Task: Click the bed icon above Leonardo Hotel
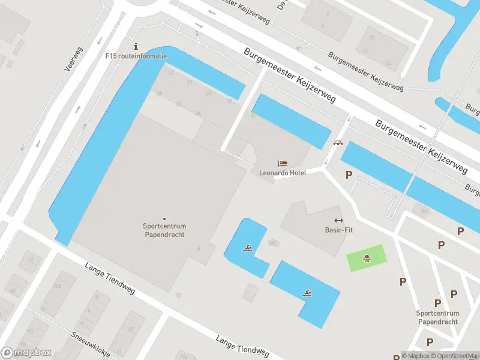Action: click(283, 163)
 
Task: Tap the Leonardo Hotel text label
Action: click(283, 173)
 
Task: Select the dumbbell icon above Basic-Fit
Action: click(338, 220)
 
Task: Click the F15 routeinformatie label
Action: click(136, 56)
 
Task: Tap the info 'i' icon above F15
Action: click(136, 46)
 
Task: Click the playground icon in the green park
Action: click(365, 259)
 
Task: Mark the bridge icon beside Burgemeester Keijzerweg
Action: click(338, 143)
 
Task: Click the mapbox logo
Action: click(26, 353)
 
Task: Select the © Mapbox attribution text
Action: click(415, 356)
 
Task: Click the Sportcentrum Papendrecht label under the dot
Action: click(164, 230)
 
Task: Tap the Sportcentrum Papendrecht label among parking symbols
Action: click(437, 317)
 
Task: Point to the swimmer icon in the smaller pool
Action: click(247, 248)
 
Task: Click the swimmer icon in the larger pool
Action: click(307, 293)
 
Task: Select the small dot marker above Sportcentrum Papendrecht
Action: click(164, 218)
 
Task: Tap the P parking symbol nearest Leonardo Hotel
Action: click(348, 175)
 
